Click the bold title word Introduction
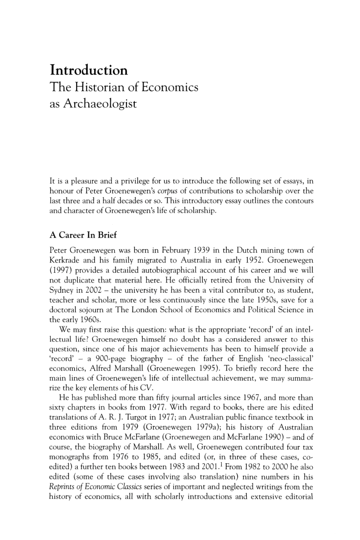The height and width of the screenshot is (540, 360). click(x=89, y=70)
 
